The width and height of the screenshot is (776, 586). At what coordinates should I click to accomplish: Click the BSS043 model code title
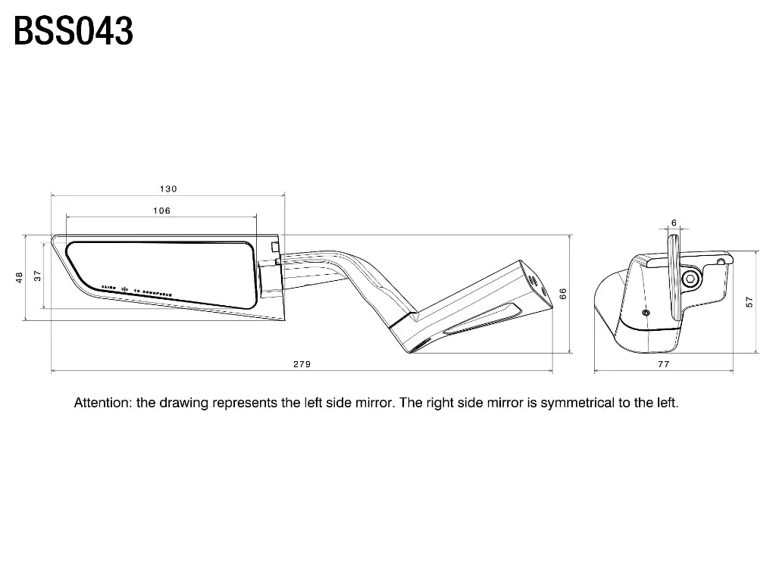click(x=74, y=32)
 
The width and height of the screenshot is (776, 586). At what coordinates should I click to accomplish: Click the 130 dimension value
click(x=168, y=189)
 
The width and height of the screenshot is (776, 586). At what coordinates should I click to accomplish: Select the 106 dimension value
click(x=161, y=210)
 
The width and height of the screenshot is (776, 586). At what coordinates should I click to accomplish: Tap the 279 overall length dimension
click(x=302, y=364)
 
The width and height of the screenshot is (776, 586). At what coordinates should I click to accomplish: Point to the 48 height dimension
click(x=20, y=278)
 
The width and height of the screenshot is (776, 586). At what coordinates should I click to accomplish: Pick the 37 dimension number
click(x=37, y=276)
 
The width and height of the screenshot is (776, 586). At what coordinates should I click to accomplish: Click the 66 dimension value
click(x=563, y=294)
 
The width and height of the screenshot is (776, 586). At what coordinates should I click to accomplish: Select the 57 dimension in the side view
click(x=749, y=301)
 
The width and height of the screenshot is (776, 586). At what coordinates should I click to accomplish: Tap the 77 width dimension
click(x=664, y=364)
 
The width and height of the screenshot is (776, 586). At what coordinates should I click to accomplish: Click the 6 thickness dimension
click(x=674, y=223)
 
